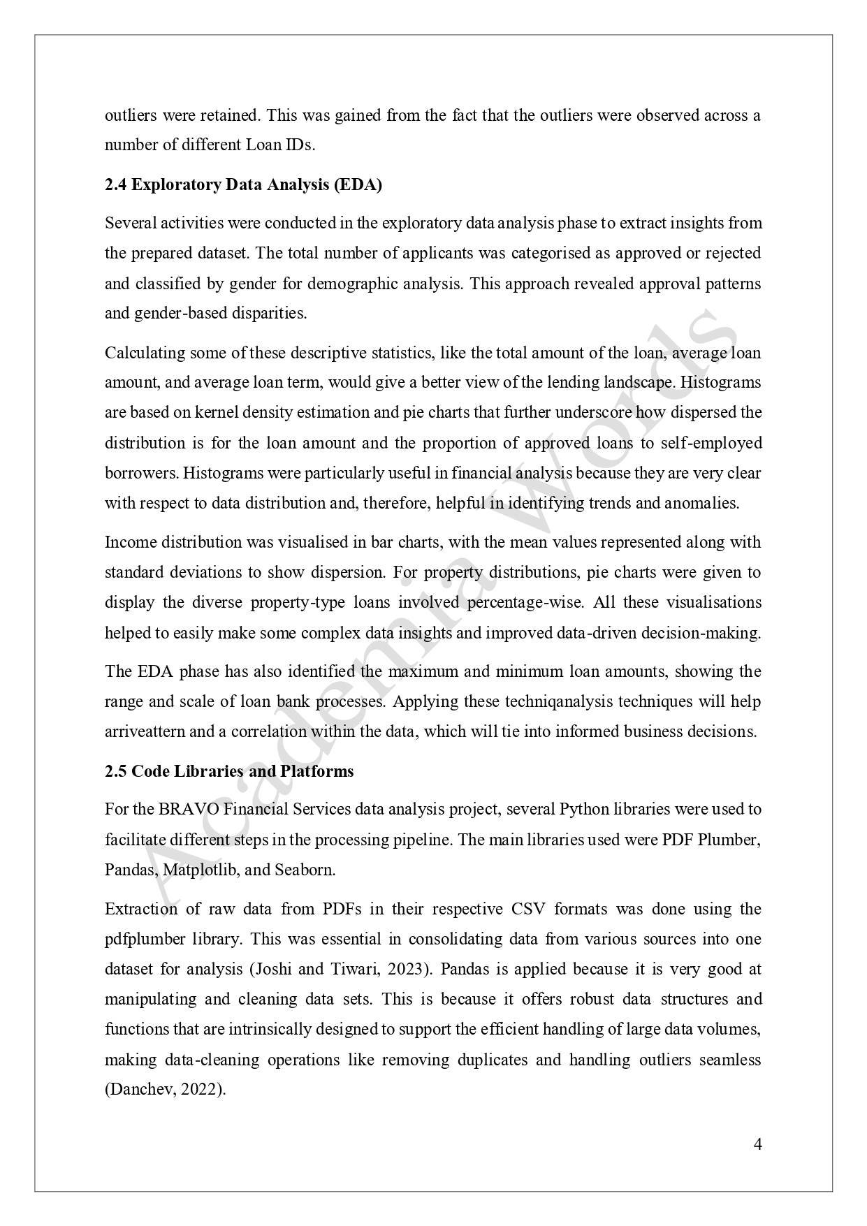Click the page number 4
click(758, 1144)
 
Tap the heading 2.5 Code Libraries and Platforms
click(229, 771)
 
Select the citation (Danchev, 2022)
click(165, 1090)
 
